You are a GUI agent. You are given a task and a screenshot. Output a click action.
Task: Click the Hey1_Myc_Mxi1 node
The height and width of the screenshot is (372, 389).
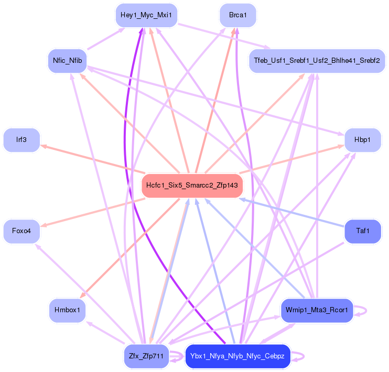pos(146,15)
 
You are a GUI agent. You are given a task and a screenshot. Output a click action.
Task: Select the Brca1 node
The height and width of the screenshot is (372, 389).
pos(237,15)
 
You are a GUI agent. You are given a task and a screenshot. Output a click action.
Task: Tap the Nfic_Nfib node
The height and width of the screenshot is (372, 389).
pos(67,61)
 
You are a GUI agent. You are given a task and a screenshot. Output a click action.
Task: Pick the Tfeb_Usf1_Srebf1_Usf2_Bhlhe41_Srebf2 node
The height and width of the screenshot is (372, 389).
pos(317,61)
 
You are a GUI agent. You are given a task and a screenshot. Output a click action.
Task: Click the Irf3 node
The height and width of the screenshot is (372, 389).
pos(21,140)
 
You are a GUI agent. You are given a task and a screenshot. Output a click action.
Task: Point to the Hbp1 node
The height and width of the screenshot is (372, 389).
pos(362,140)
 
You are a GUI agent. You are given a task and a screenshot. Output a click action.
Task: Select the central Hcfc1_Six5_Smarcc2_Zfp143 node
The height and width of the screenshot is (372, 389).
pos(192,185)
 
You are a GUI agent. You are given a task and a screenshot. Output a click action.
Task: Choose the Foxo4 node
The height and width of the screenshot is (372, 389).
pos(21,231)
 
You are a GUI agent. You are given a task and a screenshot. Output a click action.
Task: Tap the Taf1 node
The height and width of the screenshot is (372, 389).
pos(362,231)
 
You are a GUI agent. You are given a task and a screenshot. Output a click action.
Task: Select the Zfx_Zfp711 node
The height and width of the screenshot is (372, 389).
pos(146,356)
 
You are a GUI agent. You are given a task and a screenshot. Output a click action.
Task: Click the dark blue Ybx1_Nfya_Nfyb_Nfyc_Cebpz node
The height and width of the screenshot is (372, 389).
pos(237,356)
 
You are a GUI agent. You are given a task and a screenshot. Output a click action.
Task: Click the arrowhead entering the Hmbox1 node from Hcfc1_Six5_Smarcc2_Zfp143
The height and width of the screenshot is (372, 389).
pos(83,297)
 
